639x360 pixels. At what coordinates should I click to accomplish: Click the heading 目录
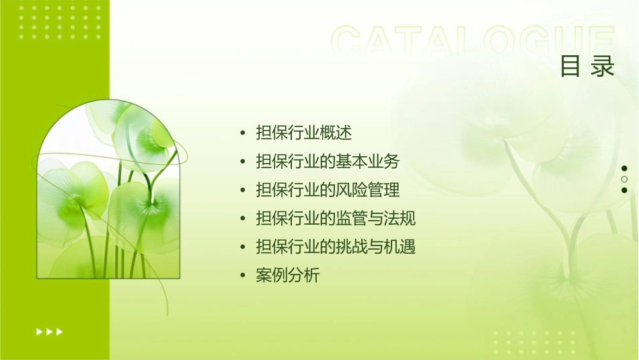tap(587, 67)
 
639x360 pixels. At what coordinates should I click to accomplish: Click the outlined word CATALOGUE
tap(473, 42)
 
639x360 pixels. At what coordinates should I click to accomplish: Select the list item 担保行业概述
tap(304, 133)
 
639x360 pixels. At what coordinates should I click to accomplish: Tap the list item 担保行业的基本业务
tap(328, 161)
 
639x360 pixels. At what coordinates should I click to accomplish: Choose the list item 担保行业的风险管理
tap(328, 190)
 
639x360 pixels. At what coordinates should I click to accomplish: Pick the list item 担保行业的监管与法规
tap(336, 219)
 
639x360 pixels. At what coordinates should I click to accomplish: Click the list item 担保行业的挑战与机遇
tap(336, 247)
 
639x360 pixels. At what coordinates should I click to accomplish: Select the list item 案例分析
tap(288, 275)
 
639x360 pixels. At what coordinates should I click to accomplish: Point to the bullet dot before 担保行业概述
tap(242, 133)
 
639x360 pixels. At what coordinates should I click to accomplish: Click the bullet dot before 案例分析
tap(242, 276)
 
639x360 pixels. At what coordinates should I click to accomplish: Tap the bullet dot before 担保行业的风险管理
tap(242, 190)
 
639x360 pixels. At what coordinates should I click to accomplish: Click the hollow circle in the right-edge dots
tap(624, 179)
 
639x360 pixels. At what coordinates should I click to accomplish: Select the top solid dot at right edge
tap(624, 168)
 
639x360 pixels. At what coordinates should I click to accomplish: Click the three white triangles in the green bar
tap(49, 331)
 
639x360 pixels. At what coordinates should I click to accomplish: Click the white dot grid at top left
tap(60, 20)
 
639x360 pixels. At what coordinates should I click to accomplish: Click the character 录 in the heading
tap(603, 67)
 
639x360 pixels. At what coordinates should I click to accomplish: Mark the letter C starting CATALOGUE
tap(347, 42)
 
